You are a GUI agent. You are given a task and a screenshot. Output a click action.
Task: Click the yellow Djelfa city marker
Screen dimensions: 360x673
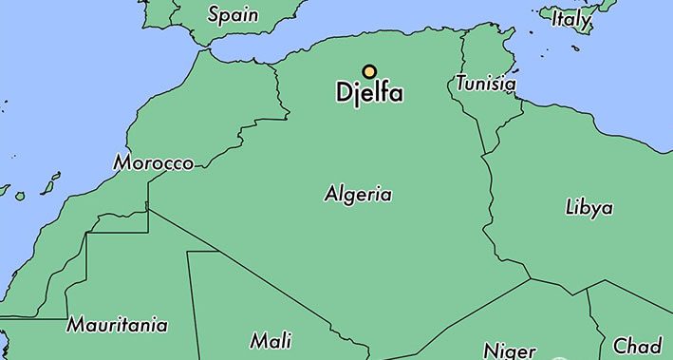click(369, 71)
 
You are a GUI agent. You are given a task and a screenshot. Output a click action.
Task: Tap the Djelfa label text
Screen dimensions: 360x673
click(369, 94)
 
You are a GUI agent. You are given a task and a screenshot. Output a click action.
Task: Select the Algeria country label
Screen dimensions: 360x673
click(358, 195)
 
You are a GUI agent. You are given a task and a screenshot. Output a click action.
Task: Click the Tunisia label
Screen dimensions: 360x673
click(485, 84)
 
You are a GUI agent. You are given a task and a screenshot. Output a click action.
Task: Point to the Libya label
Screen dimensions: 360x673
click(589, 207)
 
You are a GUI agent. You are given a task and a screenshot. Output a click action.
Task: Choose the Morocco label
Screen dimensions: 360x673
click(153, 163)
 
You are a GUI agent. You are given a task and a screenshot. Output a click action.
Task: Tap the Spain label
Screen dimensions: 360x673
click(234, 14)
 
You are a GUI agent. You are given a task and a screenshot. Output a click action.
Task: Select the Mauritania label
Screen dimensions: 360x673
click(117, 325)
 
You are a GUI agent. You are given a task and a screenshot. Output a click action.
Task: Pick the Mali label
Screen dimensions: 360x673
click(271, 340)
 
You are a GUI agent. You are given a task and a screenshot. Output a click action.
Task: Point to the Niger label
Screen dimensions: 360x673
click(510, 350)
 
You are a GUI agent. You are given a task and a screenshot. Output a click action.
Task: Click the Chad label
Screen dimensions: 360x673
click(637, 345)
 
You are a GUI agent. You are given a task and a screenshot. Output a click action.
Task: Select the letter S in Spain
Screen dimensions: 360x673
click(214, 14)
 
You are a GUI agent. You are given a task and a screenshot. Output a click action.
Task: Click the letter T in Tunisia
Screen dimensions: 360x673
click(460, 84)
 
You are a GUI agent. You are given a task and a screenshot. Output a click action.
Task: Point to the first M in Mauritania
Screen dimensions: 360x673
click(76, 325)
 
